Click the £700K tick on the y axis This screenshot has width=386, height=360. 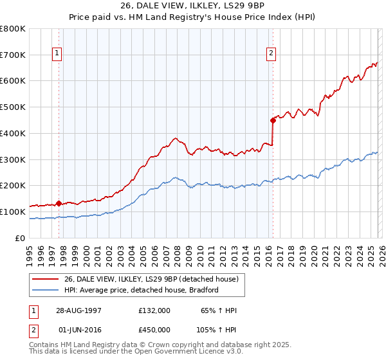click(x=13, y=55)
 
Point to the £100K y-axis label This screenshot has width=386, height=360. click(x=13, y=212)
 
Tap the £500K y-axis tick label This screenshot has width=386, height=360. click(x=13, y=107)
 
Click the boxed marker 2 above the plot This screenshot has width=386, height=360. click(x=271, y=53)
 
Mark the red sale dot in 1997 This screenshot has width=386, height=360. click(x=59, y=203)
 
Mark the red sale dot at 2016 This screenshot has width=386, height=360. click(x=273, y=120)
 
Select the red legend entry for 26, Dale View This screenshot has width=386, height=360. click(x=151, y=279)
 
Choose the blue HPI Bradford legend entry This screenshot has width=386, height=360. click(x=142, y=290)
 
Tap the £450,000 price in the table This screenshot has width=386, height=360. click(x=154, y=330)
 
